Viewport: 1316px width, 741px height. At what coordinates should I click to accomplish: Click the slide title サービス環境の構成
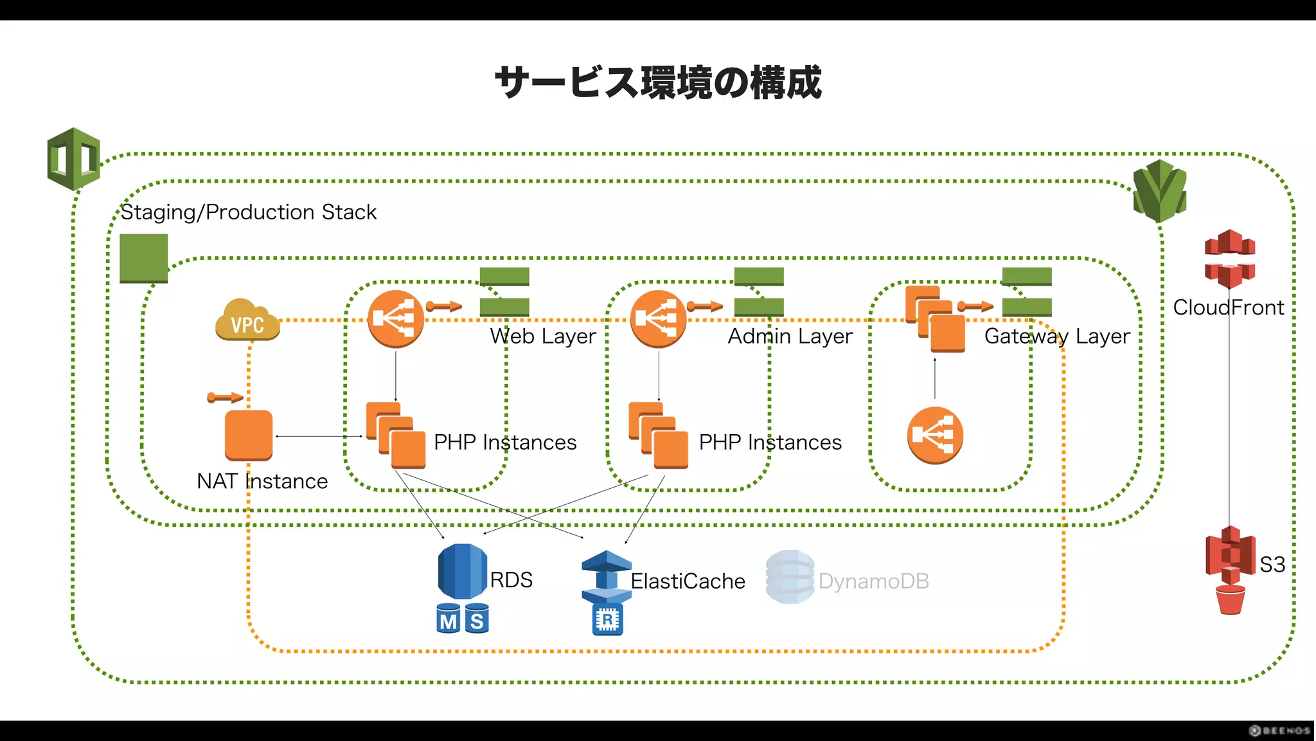(x=658, y=82)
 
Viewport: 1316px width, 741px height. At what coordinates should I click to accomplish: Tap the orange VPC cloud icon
(x=247, y=320)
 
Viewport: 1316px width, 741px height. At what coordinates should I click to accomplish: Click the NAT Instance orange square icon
(x=249, y=435)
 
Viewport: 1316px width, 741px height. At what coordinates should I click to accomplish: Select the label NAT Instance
(x=262, y=481)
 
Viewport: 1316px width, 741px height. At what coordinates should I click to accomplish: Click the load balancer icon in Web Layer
(x=395, y=319)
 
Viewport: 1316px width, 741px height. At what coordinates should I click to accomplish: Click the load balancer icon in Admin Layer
(x=658, y=319)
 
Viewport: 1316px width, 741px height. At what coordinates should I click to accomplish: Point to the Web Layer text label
(x=543, y=336)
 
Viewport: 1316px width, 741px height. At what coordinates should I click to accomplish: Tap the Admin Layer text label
(x=790, y=336)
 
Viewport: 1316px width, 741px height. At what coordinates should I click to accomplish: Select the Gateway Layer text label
(x=1057, y=336)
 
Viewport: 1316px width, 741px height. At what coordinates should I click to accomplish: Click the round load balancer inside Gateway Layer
(x=935, y=435)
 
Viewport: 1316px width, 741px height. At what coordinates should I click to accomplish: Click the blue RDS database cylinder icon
(x=462, y=571)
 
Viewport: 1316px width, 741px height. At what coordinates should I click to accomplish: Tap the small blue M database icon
(x=448, y=619)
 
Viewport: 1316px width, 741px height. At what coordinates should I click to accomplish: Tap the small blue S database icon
(x=477, y=619)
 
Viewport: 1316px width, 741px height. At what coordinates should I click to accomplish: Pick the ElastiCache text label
(x=688, y=581)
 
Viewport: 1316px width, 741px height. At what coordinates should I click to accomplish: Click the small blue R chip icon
(x=607, y=620)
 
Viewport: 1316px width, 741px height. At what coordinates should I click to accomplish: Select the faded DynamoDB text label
(x=874, y=581)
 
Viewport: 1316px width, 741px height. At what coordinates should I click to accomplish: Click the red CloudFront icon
(x=1229, y=259)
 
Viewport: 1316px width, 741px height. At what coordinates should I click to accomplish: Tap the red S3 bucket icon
(x=1230, y=569)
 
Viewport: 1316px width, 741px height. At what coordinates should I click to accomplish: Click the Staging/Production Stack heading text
(x=248, y=212)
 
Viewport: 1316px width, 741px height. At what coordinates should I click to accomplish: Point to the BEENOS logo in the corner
(x=1279, y=731)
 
